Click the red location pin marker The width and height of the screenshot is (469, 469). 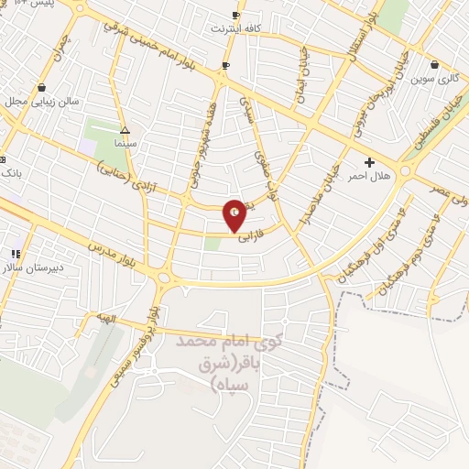coord(234,216)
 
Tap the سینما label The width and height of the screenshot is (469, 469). coord(125,145)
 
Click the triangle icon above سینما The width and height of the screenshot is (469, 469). coord(125,130)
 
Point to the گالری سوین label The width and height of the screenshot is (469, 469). coord(433,79)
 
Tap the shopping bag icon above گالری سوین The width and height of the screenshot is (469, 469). coord(433,65)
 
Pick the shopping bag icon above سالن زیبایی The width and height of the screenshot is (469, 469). coord(42,87)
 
